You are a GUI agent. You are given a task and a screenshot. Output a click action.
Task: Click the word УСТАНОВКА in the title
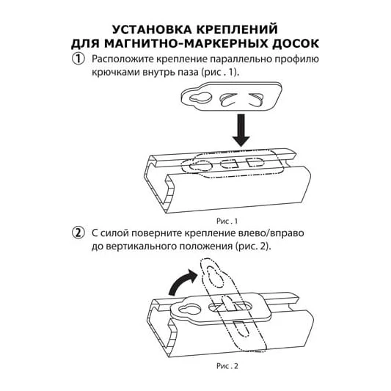coord(152,29)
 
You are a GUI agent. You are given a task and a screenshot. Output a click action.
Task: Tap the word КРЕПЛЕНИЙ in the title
coord(237,29)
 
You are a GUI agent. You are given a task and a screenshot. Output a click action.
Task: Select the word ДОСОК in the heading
coord(296,43)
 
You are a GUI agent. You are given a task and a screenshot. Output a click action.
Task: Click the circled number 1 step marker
coord(78,59)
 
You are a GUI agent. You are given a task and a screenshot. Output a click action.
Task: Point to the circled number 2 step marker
coord(78,233)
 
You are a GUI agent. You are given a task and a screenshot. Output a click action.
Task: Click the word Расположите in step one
coord(122,59)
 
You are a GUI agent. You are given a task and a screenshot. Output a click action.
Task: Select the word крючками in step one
coord(116,72)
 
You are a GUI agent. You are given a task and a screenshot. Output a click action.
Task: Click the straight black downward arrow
coord(241,130)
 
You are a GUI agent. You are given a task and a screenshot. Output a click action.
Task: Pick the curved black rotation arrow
coord(182,282)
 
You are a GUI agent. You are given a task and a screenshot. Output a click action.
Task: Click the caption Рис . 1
coord(227,222)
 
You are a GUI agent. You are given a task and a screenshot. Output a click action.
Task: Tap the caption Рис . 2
coord(227,366)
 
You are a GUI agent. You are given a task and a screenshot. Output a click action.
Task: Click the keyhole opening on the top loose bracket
coord(200,98)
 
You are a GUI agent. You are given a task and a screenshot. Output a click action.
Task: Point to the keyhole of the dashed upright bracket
coord(215,277)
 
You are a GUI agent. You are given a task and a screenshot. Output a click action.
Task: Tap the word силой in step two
coord(114,233)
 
